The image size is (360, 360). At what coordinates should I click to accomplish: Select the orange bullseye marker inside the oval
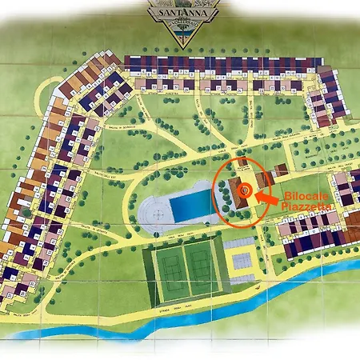[246, 190]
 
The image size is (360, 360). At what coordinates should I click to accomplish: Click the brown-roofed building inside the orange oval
[235, 192]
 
